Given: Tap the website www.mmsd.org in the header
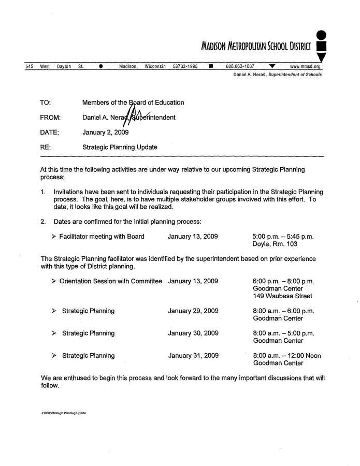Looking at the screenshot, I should coord(305,67).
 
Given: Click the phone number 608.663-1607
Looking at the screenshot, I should coord(240,67).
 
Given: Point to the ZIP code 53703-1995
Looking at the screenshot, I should coord(185,67).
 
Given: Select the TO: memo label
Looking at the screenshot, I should coord(45,103).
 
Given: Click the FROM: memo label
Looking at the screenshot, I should coord(50,118).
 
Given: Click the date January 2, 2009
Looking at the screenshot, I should coord(106,132).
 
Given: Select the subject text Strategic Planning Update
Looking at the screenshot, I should coord(120,147).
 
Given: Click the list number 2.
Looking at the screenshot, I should coord(43,222).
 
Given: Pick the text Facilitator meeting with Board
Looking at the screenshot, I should coord(102,237).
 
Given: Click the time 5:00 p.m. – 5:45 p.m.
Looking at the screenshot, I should coord(283,237).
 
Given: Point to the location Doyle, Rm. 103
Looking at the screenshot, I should coord(275,244).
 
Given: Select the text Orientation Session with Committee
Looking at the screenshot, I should coord(111,281).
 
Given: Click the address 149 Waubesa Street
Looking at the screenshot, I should coord(282,296).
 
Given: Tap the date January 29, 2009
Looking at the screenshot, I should coord(193,311).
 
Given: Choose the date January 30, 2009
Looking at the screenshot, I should coord(193,333).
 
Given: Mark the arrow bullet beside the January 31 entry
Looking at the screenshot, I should coord(54,356).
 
